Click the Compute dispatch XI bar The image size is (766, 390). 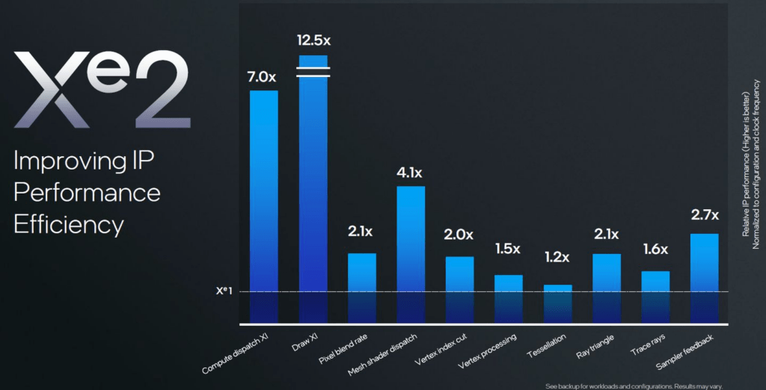264,206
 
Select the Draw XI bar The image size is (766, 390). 313,189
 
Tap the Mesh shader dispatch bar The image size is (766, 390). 411,254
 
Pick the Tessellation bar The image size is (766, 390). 557,303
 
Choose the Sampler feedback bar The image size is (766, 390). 705,278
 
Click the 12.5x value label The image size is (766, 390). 313,40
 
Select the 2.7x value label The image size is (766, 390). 705,215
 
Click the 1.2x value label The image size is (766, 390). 557,257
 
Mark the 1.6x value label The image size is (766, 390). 655,250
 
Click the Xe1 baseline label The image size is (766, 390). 224,291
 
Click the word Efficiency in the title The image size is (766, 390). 68,225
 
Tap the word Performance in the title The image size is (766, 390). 87,193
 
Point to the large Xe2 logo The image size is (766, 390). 102,89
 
